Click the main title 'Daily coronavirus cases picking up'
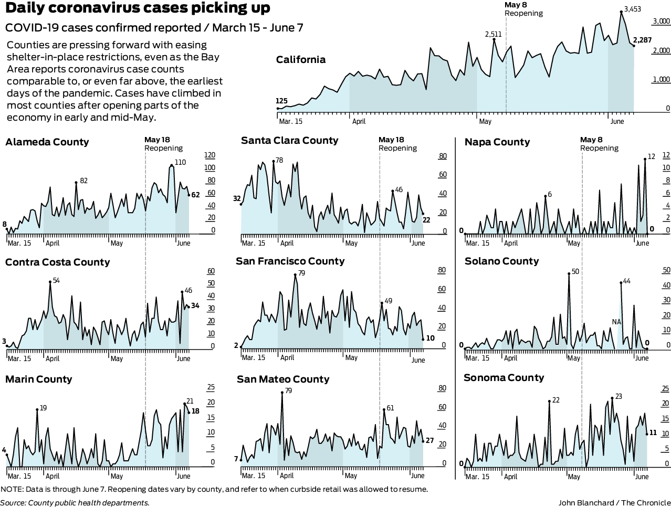[x=138, y=8]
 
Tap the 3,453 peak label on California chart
[x=632, y=9]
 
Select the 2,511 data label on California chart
[x=493, y=34]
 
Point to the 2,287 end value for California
[x=643, y=40]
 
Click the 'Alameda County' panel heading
[x=47, y=142]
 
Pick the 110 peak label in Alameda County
[x=180, y=162]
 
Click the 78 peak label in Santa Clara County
[x=279, y=160]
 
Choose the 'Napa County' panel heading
[x=497, y=142]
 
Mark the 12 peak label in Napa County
[x=652, y=156]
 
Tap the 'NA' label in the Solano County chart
[x=616, y=322]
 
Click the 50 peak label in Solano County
[x=575, y=271]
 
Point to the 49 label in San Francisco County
[x=389, y=301]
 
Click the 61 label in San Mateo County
[x=390, y=408]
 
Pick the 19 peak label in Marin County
[x=43, y=408]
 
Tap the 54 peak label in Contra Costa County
[x=56, y=280]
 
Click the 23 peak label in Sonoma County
[x=618, y=396]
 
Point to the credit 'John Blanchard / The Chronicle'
[x=614, y=502]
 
